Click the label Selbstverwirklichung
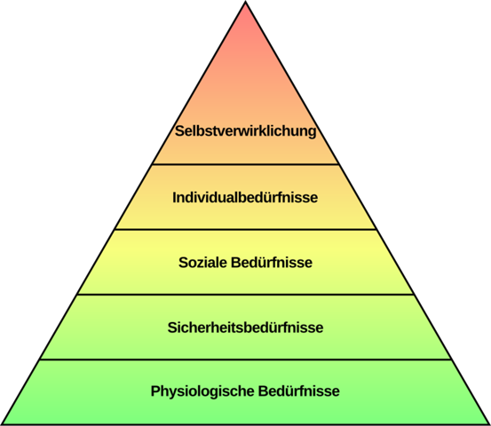(245, 130)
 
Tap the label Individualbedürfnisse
(245, 198)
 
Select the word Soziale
(202, 263)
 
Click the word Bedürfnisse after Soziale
(272, 263)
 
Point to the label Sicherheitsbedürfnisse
(245, 327)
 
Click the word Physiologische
(202, 391)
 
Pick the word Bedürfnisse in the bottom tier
(298, 391)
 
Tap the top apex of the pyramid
(246, 2)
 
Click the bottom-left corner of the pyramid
(2, 424)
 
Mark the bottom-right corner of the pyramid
(489, 424)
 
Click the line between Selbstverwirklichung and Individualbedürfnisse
(245, 164)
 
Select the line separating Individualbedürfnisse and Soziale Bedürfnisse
(245, 230)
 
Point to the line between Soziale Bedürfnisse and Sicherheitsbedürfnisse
(245, 295)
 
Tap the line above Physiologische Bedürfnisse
(245, 359)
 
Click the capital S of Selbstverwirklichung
(179, 130)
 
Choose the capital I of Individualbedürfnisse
(174, 198)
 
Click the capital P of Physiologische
(155, 390)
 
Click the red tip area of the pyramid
(246, 22)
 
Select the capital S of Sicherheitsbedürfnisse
(172, 327)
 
